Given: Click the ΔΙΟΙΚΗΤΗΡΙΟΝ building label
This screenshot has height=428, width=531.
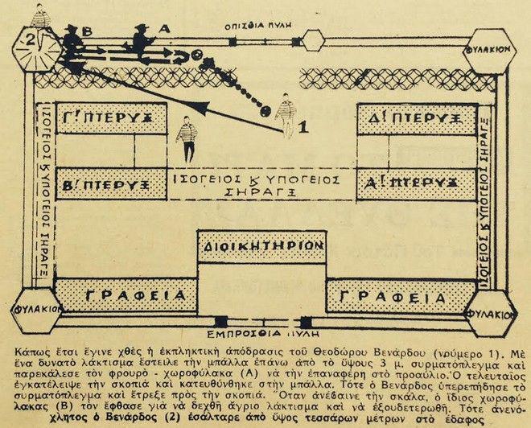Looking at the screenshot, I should [262, 246].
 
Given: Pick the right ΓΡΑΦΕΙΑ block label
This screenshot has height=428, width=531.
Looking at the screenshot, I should [389, 296].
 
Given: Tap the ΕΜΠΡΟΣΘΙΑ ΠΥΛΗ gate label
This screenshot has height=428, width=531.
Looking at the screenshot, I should [263, 331].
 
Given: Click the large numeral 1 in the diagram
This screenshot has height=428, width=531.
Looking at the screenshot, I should [303, 126].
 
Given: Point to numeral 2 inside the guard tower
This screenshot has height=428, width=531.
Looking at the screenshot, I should [31, 39].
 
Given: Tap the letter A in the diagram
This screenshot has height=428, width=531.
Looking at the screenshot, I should [167, 27].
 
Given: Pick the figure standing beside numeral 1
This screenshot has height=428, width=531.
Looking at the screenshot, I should [286, 113].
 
